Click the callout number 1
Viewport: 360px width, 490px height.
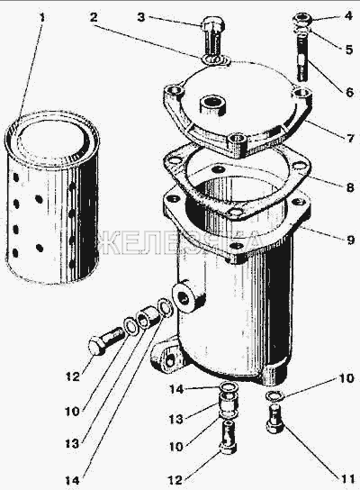pos(41,17)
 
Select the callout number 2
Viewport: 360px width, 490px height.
pos(94,17)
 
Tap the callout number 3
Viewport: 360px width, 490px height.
pos(141,17)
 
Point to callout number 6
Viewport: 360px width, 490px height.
pos(349,93)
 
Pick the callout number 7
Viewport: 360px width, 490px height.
pos(350,138)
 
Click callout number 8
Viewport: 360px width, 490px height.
pos(350,187)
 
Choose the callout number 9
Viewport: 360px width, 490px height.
pos(350,240)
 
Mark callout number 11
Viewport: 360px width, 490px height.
pos(347,479)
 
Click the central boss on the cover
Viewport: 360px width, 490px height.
pos(211,105)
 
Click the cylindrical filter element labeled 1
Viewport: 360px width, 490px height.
pos(52,197)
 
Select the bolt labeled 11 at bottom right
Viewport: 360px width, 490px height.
pos(275,418)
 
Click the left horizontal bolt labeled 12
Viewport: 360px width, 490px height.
pos(106,340)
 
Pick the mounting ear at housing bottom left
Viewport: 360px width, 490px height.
pos(166,358)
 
